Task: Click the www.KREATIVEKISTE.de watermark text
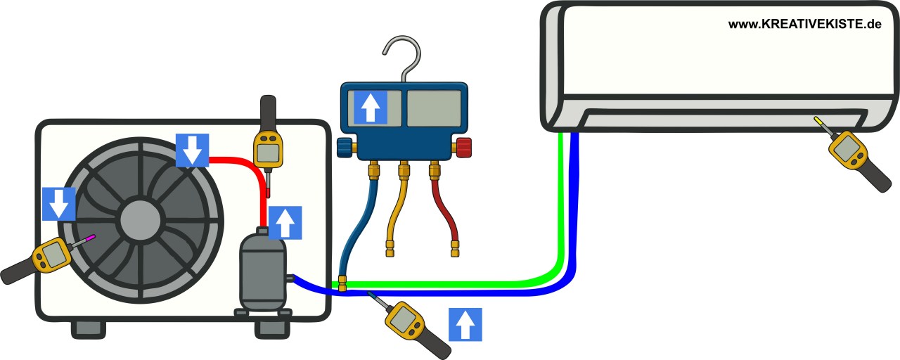(x=804, y=24)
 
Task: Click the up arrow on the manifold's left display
(x=370, y=108)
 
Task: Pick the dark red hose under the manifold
(x=444, y=211)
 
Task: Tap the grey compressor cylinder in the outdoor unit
(x=262, y=271)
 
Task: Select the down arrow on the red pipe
(x=193, y=150)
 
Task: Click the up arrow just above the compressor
(x=285, y=223)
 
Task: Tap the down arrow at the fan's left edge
(x=59, y=204)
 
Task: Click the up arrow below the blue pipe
(x=465, y=324)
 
